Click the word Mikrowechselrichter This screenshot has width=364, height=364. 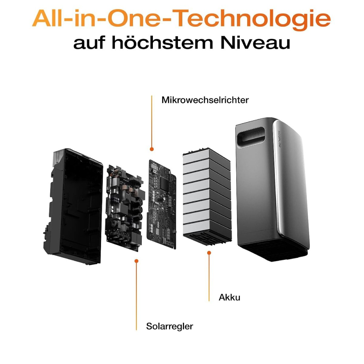[205, 100]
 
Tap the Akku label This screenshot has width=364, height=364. [229, 297]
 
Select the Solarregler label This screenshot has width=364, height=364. [170, 326]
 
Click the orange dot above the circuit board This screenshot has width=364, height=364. [151, 149]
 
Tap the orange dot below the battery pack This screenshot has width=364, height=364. [209, 253]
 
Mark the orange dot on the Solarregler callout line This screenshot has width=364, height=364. [136, 261]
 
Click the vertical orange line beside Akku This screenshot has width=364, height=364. [209, 278]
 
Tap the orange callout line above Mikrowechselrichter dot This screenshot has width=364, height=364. [151, 122]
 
